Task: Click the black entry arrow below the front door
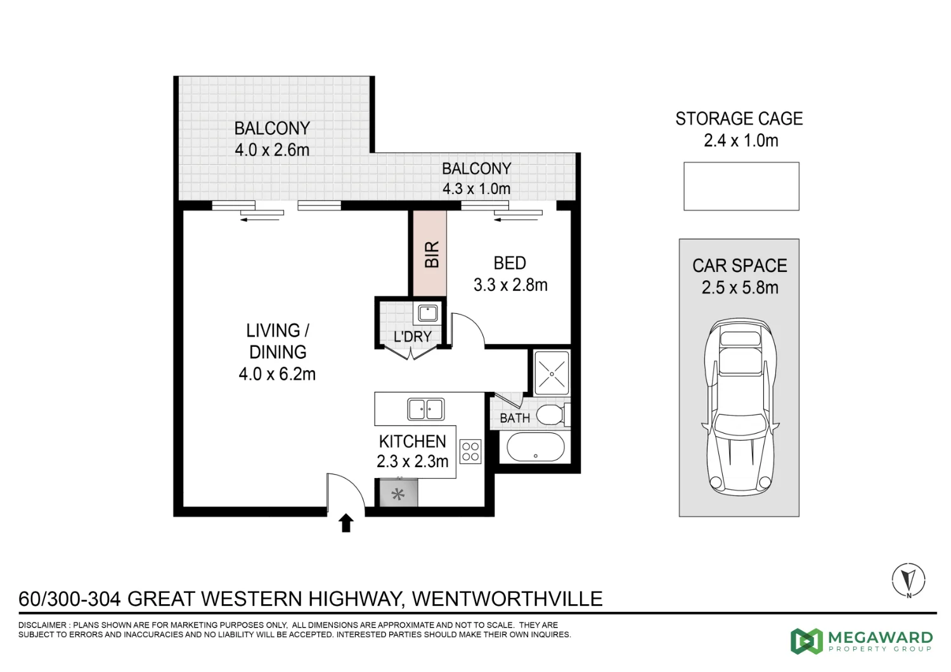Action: pos(346,523)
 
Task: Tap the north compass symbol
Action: pos(909,579)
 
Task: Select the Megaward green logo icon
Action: pos(806,641)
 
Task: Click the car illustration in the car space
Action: pos(740,407)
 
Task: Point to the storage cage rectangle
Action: pos(741,186)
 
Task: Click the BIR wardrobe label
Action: pos(431,254)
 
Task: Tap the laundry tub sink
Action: pos(428,313)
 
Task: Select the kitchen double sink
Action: pos(425,409)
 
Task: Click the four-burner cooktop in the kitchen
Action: pos(470,451)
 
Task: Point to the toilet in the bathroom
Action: pos(550,416)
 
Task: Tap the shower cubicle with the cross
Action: pos(552,373)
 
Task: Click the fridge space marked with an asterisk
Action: pos(398,494)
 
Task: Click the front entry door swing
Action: pos(346,492)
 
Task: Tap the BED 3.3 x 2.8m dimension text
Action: pos(510,285)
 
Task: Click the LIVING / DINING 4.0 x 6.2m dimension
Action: pos(277,374)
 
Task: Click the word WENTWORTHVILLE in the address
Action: pos(507,598)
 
